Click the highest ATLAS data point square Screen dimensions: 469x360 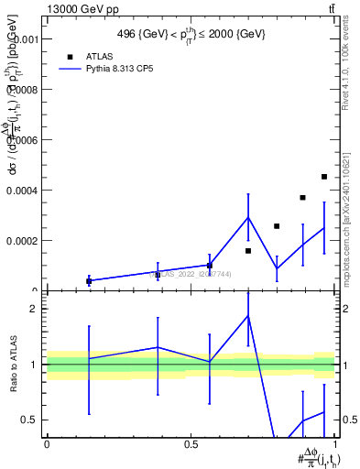click(x=324, y=177)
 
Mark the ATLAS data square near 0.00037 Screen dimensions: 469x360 click(x=302, y=197)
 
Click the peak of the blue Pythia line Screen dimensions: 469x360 click(x=248, y=217)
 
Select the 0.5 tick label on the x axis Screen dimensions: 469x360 click(x=191, y=443)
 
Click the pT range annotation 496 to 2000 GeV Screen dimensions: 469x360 click(x=191, y=34)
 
